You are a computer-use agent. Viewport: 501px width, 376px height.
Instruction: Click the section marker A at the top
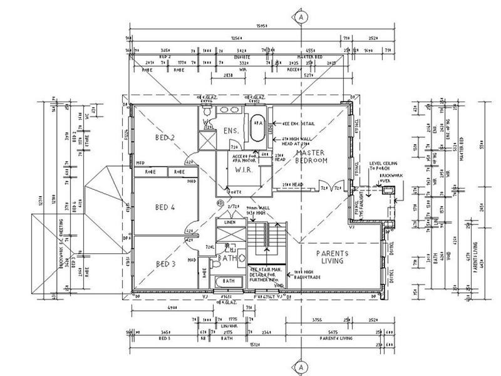tap(301, 17)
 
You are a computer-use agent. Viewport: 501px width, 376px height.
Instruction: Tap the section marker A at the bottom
tap(301, 365)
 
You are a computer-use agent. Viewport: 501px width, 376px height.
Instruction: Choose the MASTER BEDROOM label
tap(312, 157)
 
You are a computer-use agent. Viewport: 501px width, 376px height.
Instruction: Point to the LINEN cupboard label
tap(229, 223)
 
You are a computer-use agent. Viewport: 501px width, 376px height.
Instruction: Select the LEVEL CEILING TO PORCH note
tap(383, 164)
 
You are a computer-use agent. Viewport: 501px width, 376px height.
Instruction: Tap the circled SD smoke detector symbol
tap(220, 202)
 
